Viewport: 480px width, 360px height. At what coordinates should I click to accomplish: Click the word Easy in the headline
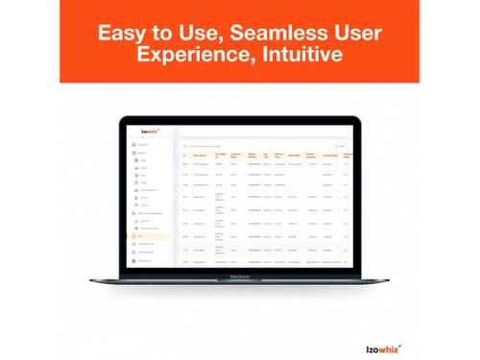click(x=123, y=34)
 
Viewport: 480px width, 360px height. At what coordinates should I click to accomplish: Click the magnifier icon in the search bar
click(x=185, y=145)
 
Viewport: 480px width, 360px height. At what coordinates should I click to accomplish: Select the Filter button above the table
click(x=340, y=145)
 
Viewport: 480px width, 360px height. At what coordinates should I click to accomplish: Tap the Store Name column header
click(x=200, y=155)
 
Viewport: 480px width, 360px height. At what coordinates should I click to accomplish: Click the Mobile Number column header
click(x=253, y=155)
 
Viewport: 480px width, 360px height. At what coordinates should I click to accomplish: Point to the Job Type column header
click(x=267, y=155)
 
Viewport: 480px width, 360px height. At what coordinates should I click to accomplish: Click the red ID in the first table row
click(x=185, y=164)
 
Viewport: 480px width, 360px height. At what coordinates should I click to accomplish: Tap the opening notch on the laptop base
click(x=239, y=278)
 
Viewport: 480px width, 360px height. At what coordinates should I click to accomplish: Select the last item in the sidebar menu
click(x=145, y=260)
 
